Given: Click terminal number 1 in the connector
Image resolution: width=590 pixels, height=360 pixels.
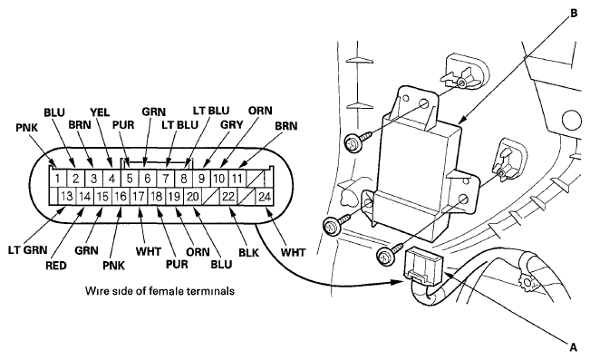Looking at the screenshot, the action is pyautogui.click(x=58, y=178).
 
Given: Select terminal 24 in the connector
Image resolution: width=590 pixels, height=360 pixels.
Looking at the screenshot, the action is pyautogui.click(x=265, y=196).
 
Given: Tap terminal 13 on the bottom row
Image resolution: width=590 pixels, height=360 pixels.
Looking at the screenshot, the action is pyautogui.click(x=66, y=196).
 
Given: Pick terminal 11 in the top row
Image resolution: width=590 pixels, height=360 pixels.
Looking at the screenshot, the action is pyautogui.click(x=237, y=178).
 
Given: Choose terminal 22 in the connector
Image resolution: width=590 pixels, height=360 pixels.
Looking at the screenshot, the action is pyautogui.click(x=228, y=196).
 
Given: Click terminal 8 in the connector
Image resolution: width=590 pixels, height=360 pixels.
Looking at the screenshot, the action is pyautogui.click(x=184, y=178).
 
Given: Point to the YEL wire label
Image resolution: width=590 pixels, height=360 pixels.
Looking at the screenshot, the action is pyautogui.click(x=100, y=112).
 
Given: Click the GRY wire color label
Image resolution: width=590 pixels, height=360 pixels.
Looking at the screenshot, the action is pyautogui.click(x=231, y=124).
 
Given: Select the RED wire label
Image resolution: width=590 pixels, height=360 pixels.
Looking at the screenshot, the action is pyautogui.click(x=56, y=266).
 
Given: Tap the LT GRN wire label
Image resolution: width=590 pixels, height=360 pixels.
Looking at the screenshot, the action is pyautogui.click(x=28, y=249).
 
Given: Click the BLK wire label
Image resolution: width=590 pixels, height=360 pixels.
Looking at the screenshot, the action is pyautogui.click(x=248, y=252).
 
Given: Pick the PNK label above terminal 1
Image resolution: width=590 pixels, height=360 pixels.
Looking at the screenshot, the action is pyautogui.click(x=26, y=128).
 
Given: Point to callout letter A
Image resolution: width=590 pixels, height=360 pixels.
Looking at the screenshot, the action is pyautogui.click(x=574, y=346).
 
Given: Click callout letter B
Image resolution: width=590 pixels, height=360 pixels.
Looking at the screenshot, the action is pyautogui.click(x=574, y=14).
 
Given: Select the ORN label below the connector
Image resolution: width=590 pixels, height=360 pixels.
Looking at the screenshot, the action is pyautogui.click(x=198, y=251).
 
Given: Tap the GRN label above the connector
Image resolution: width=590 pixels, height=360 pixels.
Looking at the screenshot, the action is pyautogui.click(x=153, y=112).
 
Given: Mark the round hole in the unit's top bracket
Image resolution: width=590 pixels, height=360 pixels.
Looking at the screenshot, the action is pyautogui.click(x=424, y=103).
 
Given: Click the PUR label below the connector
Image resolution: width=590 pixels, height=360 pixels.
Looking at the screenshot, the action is pyautogui.click(x=177, y=264).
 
